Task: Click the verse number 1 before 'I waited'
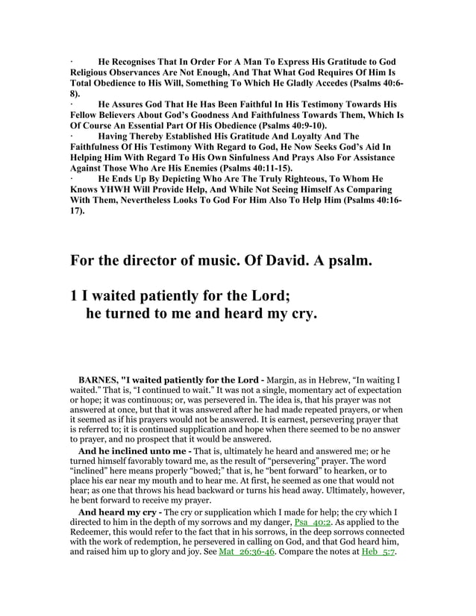tap(74, 296)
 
